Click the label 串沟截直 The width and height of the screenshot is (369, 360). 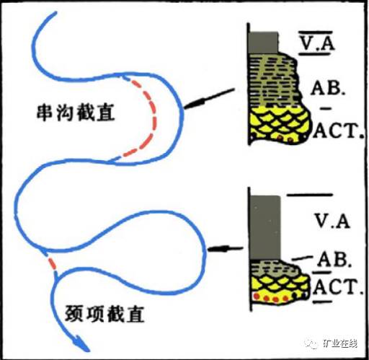(76, 113)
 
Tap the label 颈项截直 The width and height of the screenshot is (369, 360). (105, 314)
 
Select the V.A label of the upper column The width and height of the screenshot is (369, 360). (317, 43)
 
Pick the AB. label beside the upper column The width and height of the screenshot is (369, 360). (328, 87)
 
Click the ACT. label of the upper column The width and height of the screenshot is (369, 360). (338, 131)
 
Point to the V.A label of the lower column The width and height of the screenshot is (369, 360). (332, 221)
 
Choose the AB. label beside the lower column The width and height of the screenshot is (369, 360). (334, 260)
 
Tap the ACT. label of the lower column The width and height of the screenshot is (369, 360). (337, 287)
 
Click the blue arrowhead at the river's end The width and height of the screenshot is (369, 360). (81, 343)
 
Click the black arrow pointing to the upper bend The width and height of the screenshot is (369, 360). (208, 99)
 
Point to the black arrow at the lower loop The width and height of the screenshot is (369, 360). (226, 249)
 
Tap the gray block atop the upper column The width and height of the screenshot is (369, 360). (264, 43)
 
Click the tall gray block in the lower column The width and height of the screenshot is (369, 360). (265, 227)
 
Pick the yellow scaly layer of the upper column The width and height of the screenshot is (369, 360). (280, 124)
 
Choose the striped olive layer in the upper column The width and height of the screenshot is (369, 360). (275, 80)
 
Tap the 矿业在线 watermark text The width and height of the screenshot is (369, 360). (339, 343)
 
